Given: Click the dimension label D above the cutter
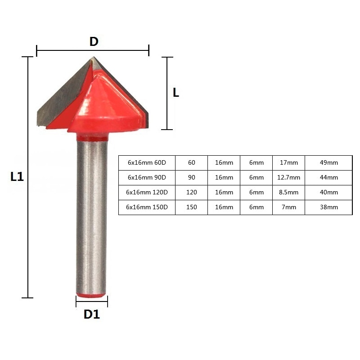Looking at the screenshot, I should tap(93, 42).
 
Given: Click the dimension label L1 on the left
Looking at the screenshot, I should tap(17, 177).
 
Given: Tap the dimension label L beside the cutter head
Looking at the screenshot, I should tap(176, 93).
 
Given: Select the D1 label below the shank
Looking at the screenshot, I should tap(91, 314).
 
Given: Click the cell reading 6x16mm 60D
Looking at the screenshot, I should tap(147, 163).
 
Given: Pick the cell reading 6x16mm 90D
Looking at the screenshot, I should tap(147, 177).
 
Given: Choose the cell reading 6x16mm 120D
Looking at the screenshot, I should tap(147, 192).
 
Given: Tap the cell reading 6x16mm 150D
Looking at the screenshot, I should tap(147, 207).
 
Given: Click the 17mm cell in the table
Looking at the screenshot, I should tap(288, 163).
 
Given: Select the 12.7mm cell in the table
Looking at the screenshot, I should tap(288, 177).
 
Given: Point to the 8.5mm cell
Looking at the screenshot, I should tap(288, 192).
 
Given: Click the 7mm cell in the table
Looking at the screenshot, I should tap(288, 207).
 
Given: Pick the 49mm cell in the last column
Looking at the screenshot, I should tap(328, 163).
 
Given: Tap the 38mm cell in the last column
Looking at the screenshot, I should tap(328, 207).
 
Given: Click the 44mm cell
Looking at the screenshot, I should tap(328, 177).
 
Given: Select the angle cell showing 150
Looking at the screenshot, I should tap(191, 207).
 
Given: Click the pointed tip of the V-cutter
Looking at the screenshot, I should tap(93, 58).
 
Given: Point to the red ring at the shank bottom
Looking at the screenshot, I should tap(92, 295).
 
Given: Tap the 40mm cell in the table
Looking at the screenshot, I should tap(328, 192).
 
